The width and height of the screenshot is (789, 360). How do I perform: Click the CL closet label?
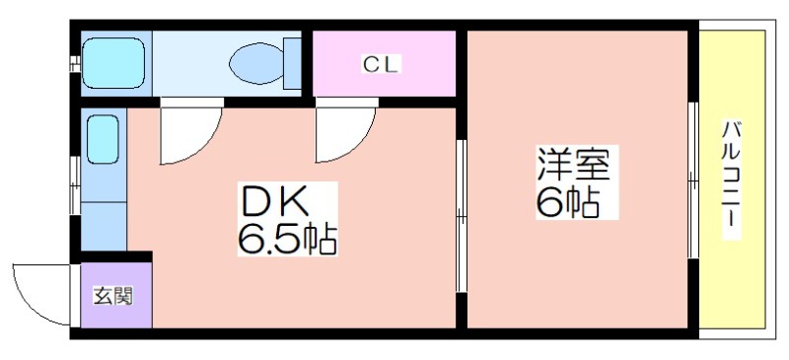tap(381, 64)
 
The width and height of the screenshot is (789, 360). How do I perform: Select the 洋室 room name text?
tap(574, 164)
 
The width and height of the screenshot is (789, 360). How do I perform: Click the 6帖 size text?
tap(568, 201)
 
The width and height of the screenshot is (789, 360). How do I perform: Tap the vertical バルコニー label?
tap(732, 180)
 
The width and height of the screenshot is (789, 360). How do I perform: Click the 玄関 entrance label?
tap(112, 296)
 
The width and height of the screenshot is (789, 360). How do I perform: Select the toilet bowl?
tap(256, 63)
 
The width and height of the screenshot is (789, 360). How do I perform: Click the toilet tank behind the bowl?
tap(292, 63)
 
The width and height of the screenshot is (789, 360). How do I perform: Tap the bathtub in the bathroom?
tap(113, 63)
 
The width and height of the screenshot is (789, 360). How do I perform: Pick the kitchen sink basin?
tap(104, 139)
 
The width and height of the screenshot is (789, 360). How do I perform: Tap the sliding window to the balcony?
tap(693, 180)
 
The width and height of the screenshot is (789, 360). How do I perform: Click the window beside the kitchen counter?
tap(75, 185)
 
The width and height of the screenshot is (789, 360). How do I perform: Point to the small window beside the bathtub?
tap(75, 63)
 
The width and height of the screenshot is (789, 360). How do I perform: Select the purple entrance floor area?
tap(116, 295)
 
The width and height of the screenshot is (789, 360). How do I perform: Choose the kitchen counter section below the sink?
tap(104, 226)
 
